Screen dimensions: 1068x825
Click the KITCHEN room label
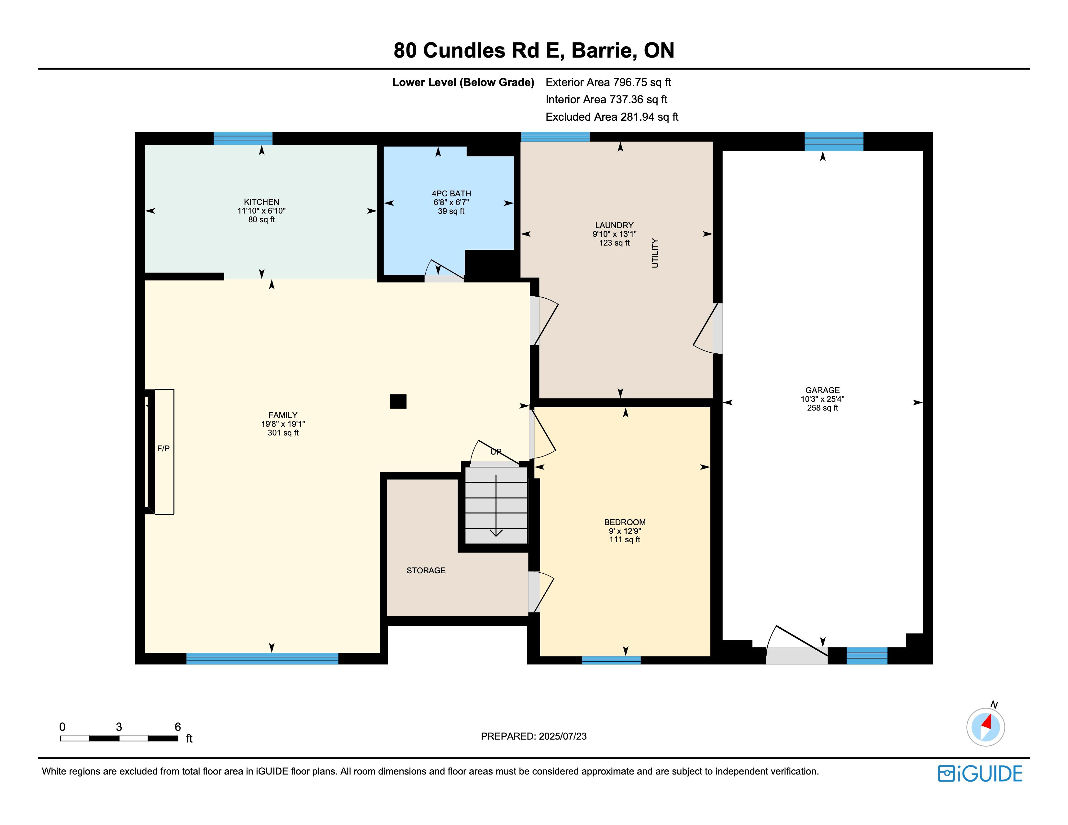point(261,202)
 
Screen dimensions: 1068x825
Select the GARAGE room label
point(822,390)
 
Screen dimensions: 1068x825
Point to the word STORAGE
point(426,570)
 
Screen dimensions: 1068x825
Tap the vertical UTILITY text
point(655,253)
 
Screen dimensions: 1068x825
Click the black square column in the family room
point(398,401)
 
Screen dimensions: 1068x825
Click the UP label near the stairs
point(496,452)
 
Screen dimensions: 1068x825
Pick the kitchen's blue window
point(243,138)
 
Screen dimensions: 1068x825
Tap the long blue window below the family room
point(262,658)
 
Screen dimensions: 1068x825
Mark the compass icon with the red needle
point(986,727)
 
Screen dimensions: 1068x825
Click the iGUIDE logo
point(980,774)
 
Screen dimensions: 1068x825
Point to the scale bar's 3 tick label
point(119,727)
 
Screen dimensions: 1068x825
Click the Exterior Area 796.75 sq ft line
point(608,82)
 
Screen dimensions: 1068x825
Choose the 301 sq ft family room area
point(283,433)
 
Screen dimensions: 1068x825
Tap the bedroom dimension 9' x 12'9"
point(625,531)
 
